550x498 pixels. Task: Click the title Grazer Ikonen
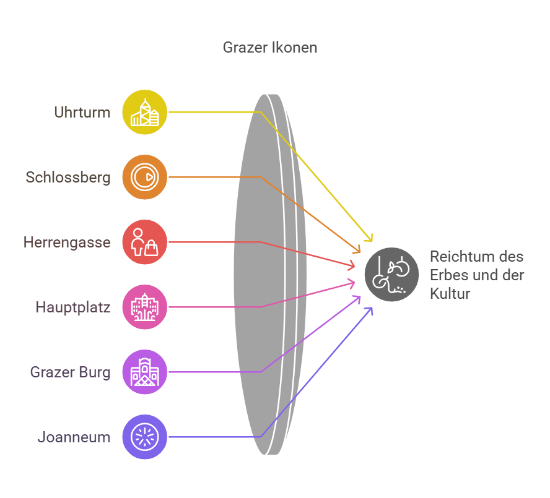click(x=270, y=47)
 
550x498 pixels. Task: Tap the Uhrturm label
click(x=82, y=113)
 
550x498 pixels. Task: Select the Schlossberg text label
click(x=68, y=178)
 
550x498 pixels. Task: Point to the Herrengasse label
click(x=67, y=242)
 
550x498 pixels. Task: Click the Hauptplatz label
click(x=73, y=307)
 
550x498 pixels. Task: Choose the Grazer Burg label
click(x=70, y=372)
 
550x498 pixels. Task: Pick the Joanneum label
click(x=74, y=437)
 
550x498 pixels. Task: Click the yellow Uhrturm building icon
click(x=144, y=112)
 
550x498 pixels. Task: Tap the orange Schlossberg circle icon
click(x=144, y=177)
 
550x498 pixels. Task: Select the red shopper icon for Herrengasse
click(x=144, y=242)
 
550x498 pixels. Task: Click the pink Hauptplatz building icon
click(x=144, y=307)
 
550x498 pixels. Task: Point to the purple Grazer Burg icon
click(x=144, y=372)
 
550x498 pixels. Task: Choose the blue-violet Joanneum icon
click(x=144, y=437)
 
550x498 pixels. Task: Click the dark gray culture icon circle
click(x=391, y=275)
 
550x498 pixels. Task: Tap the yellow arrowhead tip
click(x=372, y=241)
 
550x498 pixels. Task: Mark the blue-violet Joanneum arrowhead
click(x=372, y=307)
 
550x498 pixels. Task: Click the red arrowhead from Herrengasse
click(x=355, y=267)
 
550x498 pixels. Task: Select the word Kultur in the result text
click(x=450, y=294)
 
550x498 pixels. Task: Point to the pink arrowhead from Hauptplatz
click(x=355, y=283)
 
